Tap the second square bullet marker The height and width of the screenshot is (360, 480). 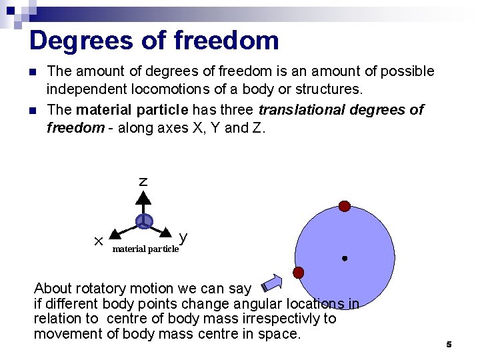coord(33,110)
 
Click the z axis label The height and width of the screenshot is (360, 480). coord(143,181)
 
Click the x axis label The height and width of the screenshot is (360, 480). coord(97,239)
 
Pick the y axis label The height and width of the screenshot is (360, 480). coord(183,237)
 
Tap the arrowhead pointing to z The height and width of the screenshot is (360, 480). coord(143,197)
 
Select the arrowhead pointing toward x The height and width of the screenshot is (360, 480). coord(114,233)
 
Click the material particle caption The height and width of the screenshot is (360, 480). coord(145,249)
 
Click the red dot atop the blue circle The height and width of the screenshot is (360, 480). coord(344,206)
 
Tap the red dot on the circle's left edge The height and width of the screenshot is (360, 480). coord(299,272)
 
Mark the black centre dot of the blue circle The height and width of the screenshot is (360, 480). coord(344,258)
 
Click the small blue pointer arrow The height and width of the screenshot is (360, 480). coord(272,283)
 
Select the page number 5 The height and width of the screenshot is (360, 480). coord(449,345)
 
